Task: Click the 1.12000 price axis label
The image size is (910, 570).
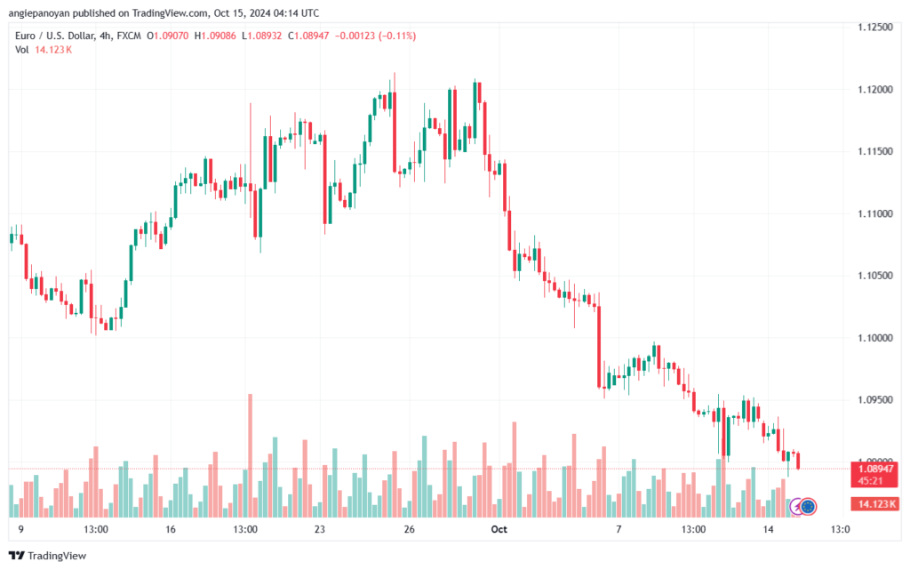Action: click(x=875, y=90)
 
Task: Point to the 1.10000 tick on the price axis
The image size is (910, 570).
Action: click(x=875, y=338)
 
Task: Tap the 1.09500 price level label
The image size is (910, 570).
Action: click(x=875, y=400)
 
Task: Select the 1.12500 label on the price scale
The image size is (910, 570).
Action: click(x=875, y=28)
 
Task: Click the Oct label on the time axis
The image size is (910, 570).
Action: click(x=499, y=529)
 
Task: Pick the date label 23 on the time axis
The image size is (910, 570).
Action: click(x=320, y=529)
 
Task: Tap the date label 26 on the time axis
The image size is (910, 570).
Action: click(x=410, y=529)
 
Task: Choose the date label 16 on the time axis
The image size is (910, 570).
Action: click(x=170, y=529)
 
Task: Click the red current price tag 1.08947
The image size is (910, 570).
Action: click(x=874, y=469)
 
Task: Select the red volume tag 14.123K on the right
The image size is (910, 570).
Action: click(x=874, y=504)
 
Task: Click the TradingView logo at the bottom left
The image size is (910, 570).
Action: click(x=48, y=556)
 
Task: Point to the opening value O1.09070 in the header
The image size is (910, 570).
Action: click(x=168, y=36)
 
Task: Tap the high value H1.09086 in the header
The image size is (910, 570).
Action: click(x=215, y=36)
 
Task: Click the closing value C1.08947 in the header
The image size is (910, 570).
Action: click(x=308, y=36)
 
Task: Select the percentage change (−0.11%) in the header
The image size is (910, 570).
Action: click(x=397, y=36)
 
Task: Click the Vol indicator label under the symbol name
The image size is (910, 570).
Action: click(x=22, y=50)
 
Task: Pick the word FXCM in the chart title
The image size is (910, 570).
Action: click(x=129, y=36)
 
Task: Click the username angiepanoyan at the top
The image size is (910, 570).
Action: click(x=38, y=13)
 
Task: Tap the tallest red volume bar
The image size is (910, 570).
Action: click(x=250, y=455)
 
